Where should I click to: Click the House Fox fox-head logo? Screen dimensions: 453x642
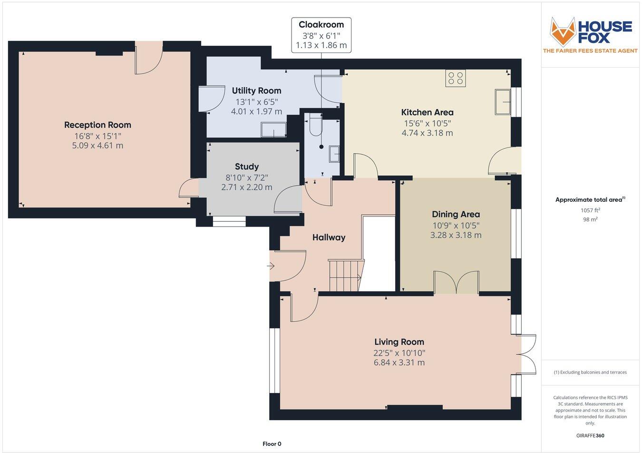(x=563, y=31)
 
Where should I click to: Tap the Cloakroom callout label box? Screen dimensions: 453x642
(x=321, y=35)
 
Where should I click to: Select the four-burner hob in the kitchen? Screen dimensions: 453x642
(x=456, y=78)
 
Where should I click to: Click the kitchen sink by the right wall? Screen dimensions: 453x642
(x=503, y=101)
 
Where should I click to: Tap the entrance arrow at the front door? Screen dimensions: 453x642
(x=272, y=266)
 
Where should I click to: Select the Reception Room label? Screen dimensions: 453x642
(x=97, y=125)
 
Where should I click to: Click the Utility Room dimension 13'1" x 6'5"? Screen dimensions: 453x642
(x=256, y=101)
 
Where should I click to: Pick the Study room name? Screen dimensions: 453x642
(x=247, y=167)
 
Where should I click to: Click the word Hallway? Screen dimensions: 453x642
(x=329, y=237)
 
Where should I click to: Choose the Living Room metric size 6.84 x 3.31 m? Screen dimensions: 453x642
(x=399, y=363)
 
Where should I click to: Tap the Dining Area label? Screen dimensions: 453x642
(x=456, y=214)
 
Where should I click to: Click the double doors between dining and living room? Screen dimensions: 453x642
(x=456, y=283)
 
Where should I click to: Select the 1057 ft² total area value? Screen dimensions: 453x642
(x=590, y=210)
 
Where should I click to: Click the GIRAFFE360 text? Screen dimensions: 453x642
(x=590, y=435)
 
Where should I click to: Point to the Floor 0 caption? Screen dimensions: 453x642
(x=272, y=444)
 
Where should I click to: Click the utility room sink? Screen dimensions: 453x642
(x=273, y=130)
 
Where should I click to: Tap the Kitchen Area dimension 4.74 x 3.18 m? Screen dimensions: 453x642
(x=427, y=133)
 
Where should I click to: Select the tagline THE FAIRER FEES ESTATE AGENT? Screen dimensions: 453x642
(x=590, y=51)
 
